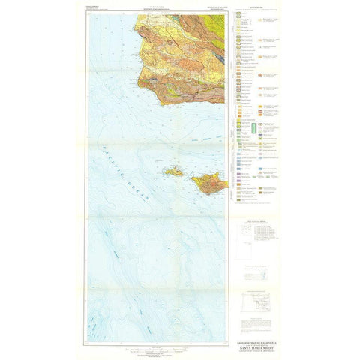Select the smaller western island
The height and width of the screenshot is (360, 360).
point(174,172)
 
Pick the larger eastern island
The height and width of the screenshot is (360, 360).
point(208,182)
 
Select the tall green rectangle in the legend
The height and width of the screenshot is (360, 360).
point(253,129)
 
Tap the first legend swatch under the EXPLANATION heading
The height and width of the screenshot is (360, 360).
point(241,16)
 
